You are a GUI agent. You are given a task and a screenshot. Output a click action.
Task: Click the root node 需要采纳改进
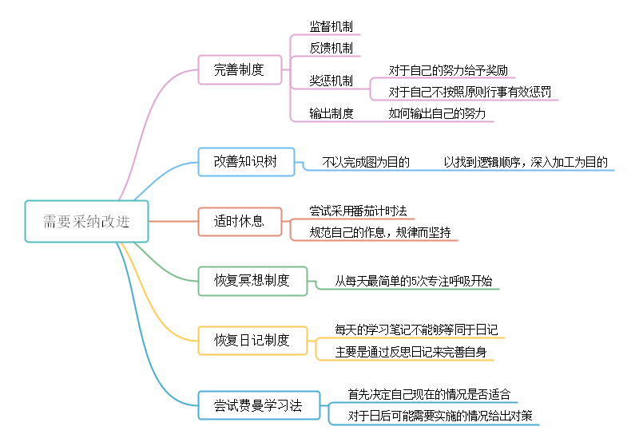86,221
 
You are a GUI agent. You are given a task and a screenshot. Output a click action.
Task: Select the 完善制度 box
239,69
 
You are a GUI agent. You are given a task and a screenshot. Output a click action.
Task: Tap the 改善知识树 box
245,161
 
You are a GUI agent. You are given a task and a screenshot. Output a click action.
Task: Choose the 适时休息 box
239,221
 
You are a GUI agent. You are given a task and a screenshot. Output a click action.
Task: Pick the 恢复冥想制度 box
252,281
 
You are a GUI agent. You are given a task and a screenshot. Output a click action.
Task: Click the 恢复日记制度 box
252,341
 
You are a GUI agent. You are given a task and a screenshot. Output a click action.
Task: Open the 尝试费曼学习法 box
258,405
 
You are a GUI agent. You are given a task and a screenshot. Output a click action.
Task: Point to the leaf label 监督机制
331,26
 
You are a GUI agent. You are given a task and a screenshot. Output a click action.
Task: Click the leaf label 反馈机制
331,48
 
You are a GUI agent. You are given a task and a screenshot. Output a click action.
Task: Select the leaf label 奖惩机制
331,81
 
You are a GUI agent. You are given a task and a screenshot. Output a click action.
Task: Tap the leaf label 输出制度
331,113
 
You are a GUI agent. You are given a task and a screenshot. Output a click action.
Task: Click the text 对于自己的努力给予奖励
448,70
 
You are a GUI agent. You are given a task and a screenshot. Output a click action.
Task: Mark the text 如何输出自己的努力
437,113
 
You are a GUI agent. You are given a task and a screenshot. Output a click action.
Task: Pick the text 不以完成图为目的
366,162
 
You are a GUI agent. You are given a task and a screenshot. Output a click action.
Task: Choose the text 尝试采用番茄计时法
358,211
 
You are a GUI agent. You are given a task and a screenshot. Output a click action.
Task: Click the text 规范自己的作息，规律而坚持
379,232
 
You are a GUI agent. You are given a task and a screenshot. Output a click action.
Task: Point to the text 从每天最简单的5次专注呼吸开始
413,281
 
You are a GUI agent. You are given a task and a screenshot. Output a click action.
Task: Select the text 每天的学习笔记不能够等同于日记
417,330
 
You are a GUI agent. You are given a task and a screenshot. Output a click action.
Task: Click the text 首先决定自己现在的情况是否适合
429,394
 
